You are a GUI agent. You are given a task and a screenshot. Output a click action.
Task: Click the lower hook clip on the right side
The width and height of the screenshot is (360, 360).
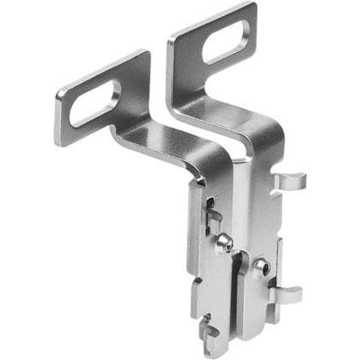(x=290, y=292)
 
